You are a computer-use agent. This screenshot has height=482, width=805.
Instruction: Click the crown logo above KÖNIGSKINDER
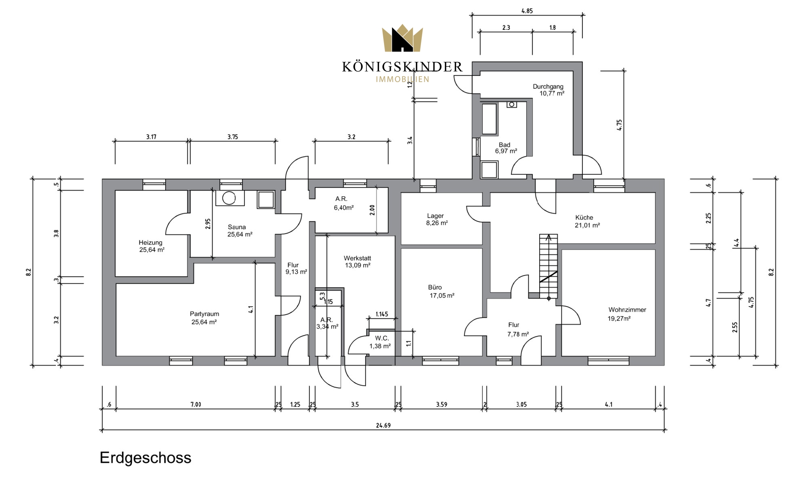point(402,38)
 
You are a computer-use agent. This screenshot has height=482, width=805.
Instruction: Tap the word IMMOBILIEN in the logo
point(402,80)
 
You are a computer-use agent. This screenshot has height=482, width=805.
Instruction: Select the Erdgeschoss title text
point(145,458)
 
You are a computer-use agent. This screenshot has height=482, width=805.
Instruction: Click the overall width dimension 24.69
point(383,425)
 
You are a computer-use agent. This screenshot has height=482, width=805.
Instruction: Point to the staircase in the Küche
point(548,266)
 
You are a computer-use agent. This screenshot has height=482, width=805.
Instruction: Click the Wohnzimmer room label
point(627,310)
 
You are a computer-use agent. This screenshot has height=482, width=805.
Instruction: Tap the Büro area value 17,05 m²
point(442,296)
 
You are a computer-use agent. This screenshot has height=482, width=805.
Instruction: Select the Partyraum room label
point(204,314)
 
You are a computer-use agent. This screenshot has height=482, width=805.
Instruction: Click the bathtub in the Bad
point(489,119)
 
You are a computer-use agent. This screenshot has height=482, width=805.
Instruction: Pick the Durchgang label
point(548,87)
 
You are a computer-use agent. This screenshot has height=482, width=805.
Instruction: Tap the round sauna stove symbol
point(229,198)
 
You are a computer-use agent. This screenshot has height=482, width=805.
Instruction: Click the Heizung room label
point(151,242)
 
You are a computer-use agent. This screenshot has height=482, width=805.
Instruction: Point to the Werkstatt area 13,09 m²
point(358,265)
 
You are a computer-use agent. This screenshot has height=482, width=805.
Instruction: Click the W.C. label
point(382,338)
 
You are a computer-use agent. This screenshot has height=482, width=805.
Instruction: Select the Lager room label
point(435,216)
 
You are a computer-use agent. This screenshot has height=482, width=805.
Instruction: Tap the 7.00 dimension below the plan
point(196,405)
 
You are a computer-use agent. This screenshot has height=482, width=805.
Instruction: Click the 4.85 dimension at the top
point(527,11)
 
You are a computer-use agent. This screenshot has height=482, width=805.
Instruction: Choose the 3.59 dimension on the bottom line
point(441,405)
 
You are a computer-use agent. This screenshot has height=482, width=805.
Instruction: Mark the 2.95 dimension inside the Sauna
point(208,224)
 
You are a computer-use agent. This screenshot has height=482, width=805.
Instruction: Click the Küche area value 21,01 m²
point(587,225)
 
